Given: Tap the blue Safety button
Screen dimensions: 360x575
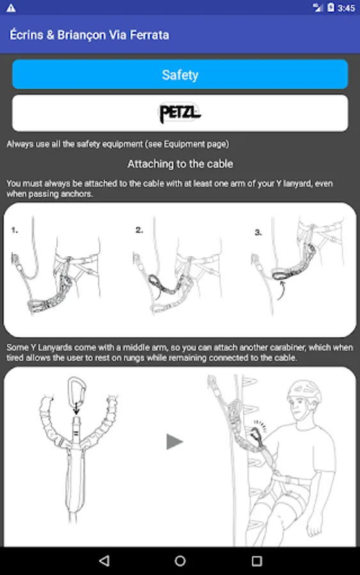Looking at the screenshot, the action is coord(180,75).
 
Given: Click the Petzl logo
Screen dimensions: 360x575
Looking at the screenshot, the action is coord(180,112).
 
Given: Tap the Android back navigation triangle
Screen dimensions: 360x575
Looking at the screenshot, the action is coord(104,560).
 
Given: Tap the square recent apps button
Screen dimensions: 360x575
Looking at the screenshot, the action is coord(256,561).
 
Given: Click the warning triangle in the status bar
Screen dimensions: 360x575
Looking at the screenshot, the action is coord(11,8).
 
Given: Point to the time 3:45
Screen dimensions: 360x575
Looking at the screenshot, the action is coord(347,8).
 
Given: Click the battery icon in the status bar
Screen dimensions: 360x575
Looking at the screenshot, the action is coord(331,7).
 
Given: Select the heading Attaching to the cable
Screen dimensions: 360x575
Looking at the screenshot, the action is coord(180,164).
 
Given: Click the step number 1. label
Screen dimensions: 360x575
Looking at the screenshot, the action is coord(15,230).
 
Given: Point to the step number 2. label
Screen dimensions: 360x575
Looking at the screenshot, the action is coord(139,230).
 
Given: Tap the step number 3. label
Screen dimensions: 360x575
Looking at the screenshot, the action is coord(258,232).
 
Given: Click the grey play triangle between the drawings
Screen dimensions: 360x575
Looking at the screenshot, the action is coord(175,441).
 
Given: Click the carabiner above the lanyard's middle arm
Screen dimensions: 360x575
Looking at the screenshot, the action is coord(77,391).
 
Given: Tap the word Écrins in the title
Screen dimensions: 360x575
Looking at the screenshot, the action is coord(26,35).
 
